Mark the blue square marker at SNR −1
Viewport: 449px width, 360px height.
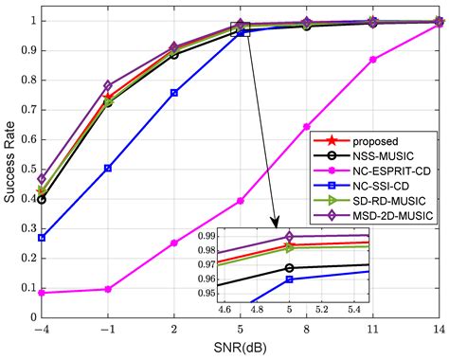(x=108, y=169)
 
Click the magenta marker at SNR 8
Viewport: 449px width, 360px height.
(x=307, y=126)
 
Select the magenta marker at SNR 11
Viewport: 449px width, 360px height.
(x=373, y=60)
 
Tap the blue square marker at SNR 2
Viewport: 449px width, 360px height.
(x=174, y=93)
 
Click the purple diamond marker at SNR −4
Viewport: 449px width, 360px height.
(x=42, y=178)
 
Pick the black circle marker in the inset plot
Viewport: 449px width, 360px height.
(x=290, y=268)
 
